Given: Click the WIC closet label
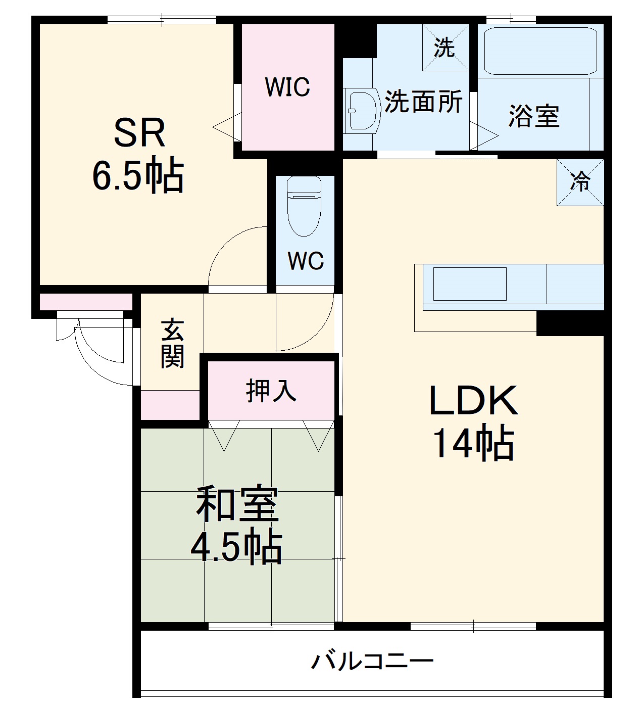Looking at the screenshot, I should (x=287, y=87).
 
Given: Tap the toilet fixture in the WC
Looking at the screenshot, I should (x=304, y=206).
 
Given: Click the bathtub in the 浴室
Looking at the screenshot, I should (x=540, y=51).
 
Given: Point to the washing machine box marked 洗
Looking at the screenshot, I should (x=445, y=48).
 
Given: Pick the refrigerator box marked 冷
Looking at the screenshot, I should (x=580, y=182).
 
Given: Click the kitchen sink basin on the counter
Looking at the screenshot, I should (x=469, y=284).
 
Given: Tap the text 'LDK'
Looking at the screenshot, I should (x=473, y=401).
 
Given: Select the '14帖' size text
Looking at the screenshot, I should (x=473, y=444).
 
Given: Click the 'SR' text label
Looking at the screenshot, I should (x=139, y=133).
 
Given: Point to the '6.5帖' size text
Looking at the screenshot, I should (x=137, y=177).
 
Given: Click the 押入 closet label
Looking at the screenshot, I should (x=271, y=390).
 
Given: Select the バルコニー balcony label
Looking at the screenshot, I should (x=372, y=661).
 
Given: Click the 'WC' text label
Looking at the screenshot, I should (x=305, y=261).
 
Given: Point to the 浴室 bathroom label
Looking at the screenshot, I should (x=533, y=116).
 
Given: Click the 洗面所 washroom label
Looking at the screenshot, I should (x=423, y=102).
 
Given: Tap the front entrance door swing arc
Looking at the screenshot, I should (x=96, y=354).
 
